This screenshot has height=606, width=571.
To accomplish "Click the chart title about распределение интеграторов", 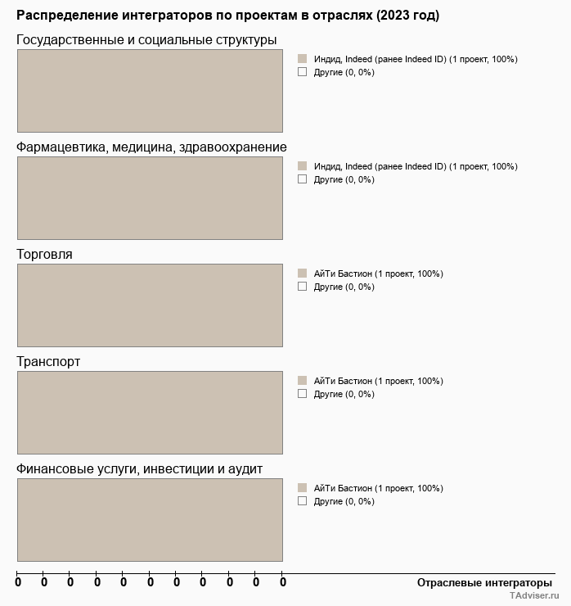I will pyautogui.click(x=227, y=16).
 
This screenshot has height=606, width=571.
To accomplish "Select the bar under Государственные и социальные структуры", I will pyautogui.click(x=150, y=91).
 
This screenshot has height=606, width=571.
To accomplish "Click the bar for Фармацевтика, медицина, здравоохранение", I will pyautogui.click(x=150, y=198).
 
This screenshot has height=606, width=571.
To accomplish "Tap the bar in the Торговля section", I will pyautogui.click(x=150, y=305).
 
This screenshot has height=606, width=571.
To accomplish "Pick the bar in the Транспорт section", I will pyautogui.click(x=150, y=413).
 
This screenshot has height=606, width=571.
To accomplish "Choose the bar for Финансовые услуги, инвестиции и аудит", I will pyautogui.click(x=150, y=520).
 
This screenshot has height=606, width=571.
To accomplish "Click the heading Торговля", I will pyautogui.click(x=44, y=255).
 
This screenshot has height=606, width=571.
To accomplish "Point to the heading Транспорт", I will pyautogui.click(x=48, y=362).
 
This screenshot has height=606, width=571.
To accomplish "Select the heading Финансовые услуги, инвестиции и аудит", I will pyautogui.click(x=139, y=469).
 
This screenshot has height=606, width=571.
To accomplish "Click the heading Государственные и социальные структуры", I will pyautogui.click(x=146, y=40).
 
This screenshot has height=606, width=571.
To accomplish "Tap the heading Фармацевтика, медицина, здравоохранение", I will pyautogui.click(x=151, y=147).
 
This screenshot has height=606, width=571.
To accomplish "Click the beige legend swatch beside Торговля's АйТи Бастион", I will pyautogui.click(x=302, y=274).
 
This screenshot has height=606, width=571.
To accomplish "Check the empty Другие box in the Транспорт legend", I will pyautogui.click(x=302, y=394).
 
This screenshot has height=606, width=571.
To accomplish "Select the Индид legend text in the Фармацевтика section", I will pyautogui.click(x=416, y=166).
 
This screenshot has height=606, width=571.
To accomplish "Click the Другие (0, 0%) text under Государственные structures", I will pyautogui.click(x=344, y=72).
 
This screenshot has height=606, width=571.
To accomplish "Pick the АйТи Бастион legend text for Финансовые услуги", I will pyautogui.click(x=378, y=488).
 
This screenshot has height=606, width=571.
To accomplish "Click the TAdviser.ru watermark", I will pyautogui.click(x=534, y=597).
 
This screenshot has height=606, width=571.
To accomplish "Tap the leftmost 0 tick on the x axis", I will pyautogui.click(x=17, y=582).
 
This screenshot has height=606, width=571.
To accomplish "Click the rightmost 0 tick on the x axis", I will pyautogui.click(x=283, y=582).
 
